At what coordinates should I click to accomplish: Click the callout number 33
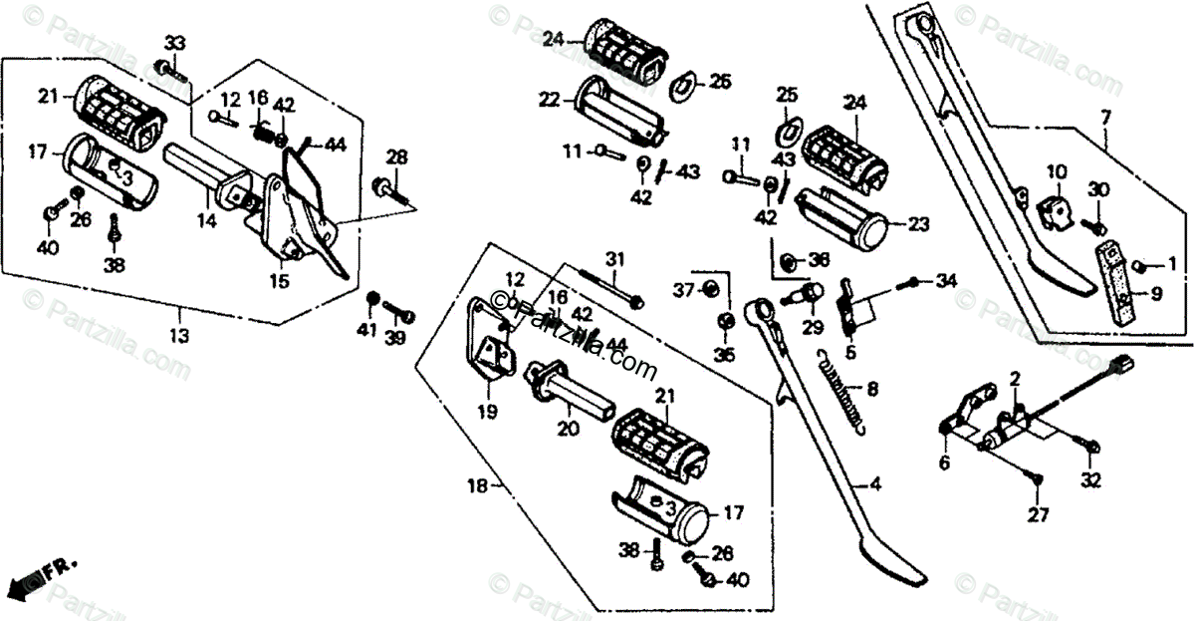(x=175, y=44)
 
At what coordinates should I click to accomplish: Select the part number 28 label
(x=397, y=157)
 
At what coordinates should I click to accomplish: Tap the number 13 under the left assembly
(x=178, y=337)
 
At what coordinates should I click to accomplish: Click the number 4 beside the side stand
(x=875, y=485)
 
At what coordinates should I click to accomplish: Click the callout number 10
(x=1057, y=171)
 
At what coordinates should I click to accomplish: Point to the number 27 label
(x=1039, y=514)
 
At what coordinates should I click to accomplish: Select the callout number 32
(x=1092, y=480)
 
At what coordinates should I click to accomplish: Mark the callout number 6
(x=944, y=463)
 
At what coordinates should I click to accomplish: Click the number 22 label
(x=551, y=99)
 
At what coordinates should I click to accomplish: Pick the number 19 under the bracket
(x=487, y=411)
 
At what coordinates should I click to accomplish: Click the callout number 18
(x=479, y=486)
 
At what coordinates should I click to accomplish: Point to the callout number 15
(x=279, y=282)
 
